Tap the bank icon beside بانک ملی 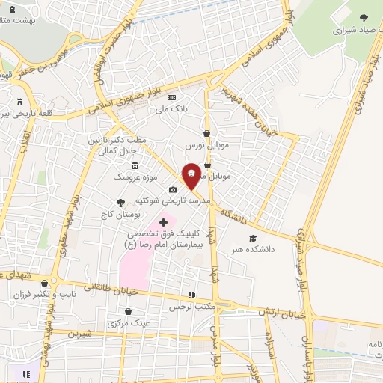pyautogui.click(x=171, y=98)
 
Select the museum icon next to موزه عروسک pyautogui.click(x=135, y=165)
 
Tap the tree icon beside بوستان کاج pyautogui.click(x=120, y=202)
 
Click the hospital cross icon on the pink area pyautogui.click(x=163, y=222)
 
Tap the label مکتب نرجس pyautogui.click(x=191, y=307)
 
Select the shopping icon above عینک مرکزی pyautogui.click(x=128, y=312)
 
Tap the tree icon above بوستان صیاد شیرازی pyautogui.click(x=364, y=17)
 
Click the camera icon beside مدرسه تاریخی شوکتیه pyautogui.click(x=174, y=189)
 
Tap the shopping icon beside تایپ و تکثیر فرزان pyautogui.click(x=46, y=284)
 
